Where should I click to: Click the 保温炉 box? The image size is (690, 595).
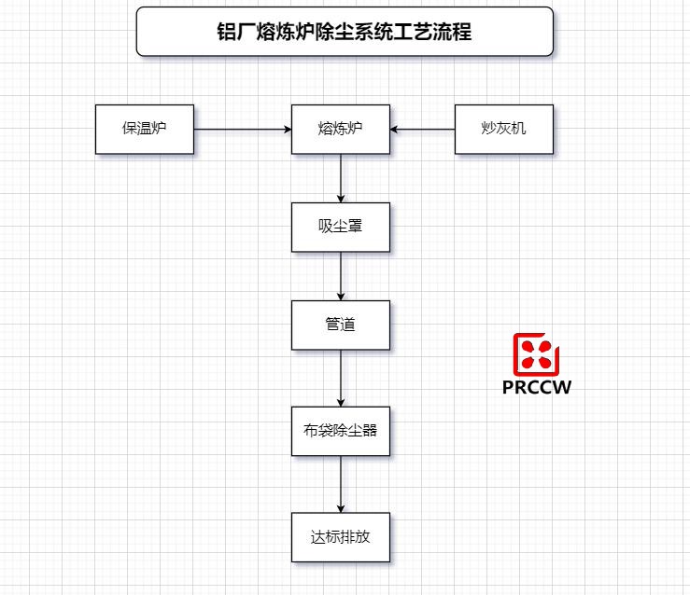pyautogui.click(x=145, y=129)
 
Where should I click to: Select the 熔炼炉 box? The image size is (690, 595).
pyautogui.click(x=340, y=129)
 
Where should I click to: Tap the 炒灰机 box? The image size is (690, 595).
pyautogui.click(x=503, y=129)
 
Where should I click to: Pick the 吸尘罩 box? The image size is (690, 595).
pyautogui.click(x=340, y=227)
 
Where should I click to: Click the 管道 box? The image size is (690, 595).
pyautogui.click(x=340, y=325)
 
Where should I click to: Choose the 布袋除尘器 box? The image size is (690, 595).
pyautogui.click(x=340, y=431)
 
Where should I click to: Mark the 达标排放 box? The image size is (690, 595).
pyautogui.click(x=340, y=537)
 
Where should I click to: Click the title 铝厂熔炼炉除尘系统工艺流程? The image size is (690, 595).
pyautogui.click(x=345, y=32)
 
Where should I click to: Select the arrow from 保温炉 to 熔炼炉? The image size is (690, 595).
pyautogui.click(x=242, y=130)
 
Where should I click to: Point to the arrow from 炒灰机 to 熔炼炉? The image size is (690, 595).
pyautogui.click(x=423, y=130)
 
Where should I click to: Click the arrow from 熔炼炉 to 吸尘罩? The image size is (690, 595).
pyautogui.click(x=341, y=177)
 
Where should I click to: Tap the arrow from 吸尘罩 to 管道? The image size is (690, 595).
pyautogui.click(x=341, y=275)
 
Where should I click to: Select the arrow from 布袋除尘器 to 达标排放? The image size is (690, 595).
pyautogui.click(x=341, y=484)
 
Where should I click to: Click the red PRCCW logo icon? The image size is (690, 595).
pyautogui.click(x=536, y=353)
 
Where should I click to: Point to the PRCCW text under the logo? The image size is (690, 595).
pyautogui.click(x=536, y=387)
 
